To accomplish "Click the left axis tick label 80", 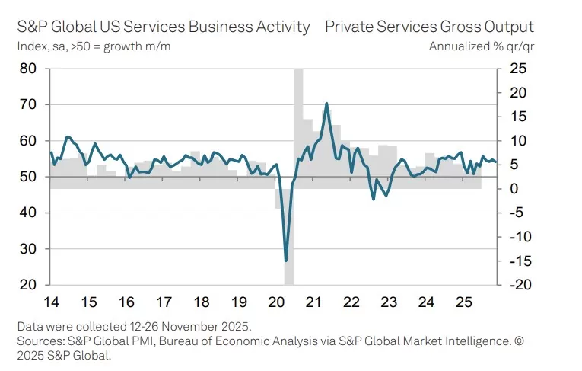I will click(x=27, y=69).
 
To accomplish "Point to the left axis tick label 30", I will click(x=27, y=249).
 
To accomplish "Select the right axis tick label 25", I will click(x=518, y=69).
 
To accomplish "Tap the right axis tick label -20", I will click(x=520, y=285).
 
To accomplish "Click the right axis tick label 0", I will click(x=514, y=189).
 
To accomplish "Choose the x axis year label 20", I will click(x=275, y=301).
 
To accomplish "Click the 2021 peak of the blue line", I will click(x=326, y=104).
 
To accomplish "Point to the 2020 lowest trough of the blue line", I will click(x=286, y=261).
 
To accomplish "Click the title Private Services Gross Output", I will click(x=429, y=27).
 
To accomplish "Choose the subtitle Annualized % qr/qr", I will click(x=481, y=46).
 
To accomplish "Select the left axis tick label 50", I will click(x=27, y=177).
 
